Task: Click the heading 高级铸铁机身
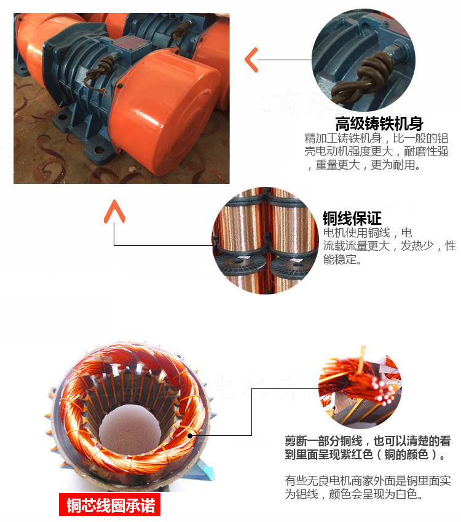click(379, 123)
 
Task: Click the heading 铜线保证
click(352, 218)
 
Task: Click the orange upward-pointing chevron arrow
click(114, 212)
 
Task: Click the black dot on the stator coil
click(191, 435)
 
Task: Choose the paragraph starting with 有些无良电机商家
click(368, 487)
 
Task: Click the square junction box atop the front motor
click(131, 43)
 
